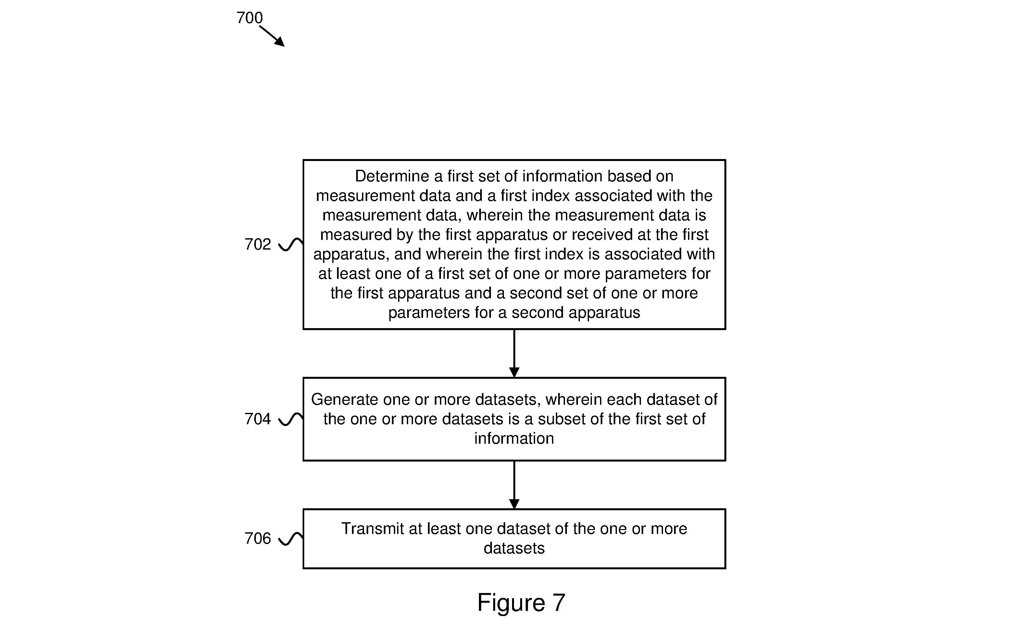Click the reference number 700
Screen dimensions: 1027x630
pyautogui.click(x=249, y=18)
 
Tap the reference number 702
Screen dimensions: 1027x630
pyautogui.click(x=257, y=244)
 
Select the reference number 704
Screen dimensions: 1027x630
pyautogui.click(x=257, y=419)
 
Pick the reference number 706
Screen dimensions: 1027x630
pyautogui.click(x=257, y=538)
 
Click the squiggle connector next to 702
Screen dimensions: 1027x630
pyautogui.click(x=291, y=245)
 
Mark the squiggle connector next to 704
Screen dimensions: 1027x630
pyautogui.click(x=291, y=419)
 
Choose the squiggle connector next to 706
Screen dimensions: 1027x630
pyautogui.click(x=291, y=539)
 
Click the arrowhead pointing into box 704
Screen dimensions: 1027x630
pyautogui.click(x=514, y=372)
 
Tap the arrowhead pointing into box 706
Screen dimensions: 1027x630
pyautogui.click(x=514, y=504)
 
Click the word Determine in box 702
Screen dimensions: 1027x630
pyautogui.click(x=392, y=176)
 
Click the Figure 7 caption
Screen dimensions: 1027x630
pyautogui.click(x=521, y=602)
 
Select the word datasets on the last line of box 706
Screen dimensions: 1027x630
pyautogui.click(x=514, y=548)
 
